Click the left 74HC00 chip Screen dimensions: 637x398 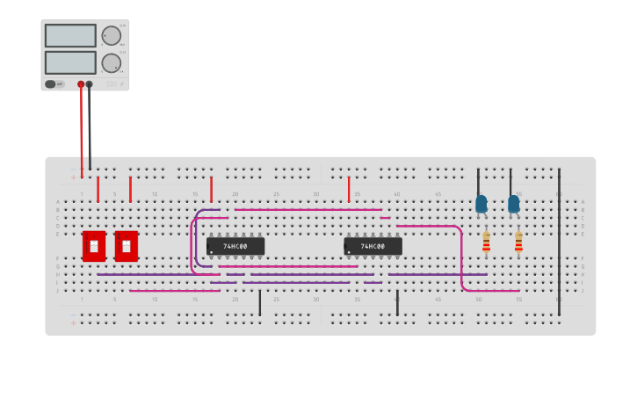pos(235,247)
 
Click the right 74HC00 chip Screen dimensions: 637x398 pos(373,247)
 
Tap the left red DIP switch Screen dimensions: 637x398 pos(94,246)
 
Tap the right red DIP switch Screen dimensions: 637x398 pos(127,246)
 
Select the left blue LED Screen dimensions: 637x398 pos(481,204)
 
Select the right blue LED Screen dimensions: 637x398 pos(514,204)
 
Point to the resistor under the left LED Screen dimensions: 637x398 pos(486,242)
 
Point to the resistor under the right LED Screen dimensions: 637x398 pos(518,242)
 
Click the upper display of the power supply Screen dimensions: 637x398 pos(70,36)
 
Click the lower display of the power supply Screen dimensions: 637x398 pos(70,62)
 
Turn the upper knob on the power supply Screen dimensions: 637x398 pos(111,36)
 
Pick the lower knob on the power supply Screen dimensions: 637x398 pos(111,63)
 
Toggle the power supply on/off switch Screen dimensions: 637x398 pos(51,84)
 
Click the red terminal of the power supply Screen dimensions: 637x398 pos(81,84)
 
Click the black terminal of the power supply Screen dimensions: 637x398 pos(90,84)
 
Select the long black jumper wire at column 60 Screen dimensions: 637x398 pos(559,237)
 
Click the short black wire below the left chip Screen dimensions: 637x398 pos(259,302)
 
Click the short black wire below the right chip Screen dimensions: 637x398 pos(397,302)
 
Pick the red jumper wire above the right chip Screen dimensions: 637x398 pos(349,189)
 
